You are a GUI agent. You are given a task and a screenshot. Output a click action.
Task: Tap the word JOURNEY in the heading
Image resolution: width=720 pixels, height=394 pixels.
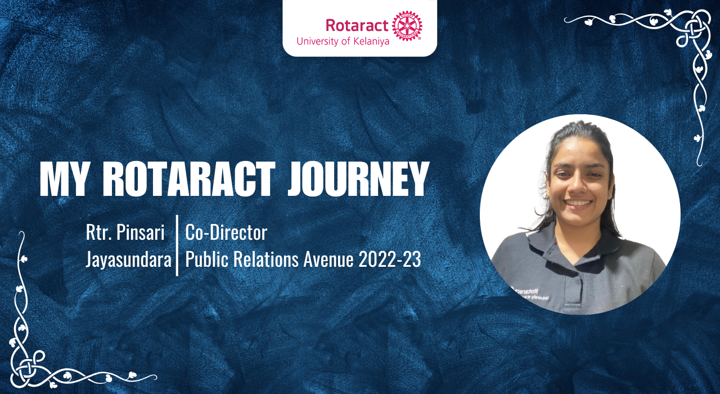click(358, 180)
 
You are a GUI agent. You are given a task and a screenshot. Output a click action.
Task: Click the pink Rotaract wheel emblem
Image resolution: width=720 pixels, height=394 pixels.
click(407, 26)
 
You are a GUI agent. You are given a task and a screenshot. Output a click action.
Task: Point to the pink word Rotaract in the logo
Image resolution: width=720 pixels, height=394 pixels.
click(357, 25)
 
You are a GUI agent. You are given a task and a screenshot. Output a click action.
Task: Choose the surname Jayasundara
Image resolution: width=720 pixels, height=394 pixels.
click(128, 260)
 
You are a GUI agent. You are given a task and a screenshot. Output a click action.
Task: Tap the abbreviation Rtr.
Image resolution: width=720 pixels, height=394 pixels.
click(97, 232)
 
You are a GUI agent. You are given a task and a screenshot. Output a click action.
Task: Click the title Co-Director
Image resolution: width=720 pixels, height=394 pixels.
click(226, 232)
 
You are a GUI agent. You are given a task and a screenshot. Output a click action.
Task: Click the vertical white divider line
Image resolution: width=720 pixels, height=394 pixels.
click(177, 245)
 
